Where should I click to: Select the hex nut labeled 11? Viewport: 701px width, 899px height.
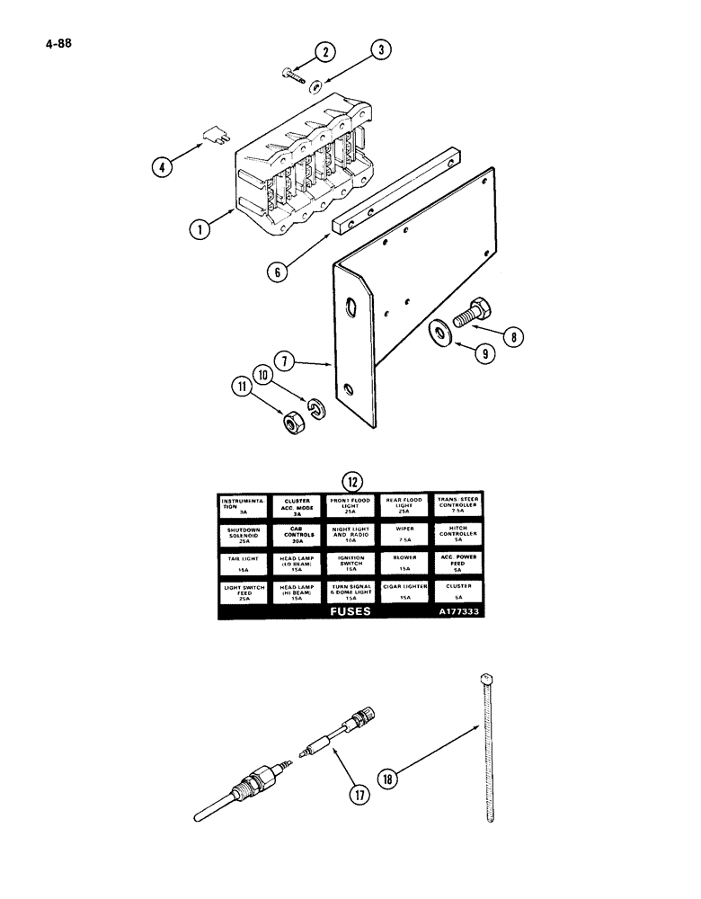pos(291,422)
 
